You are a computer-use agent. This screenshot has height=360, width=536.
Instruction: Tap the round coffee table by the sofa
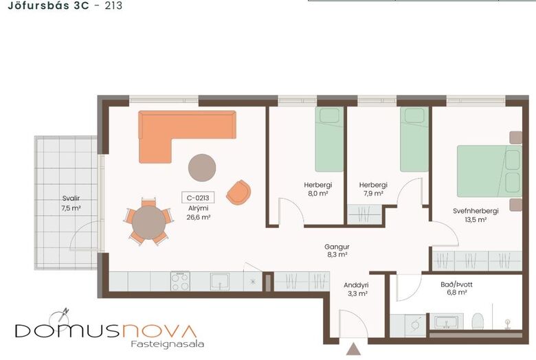click(202, 168)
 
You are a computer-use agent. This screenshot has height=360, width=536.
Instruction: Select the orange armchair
click(238, 192)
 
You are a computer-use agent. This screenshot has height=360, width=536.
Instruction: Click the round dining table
click(148, 223)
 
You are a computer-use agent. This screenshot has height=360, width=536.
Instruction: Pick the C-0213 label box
click(198, 198)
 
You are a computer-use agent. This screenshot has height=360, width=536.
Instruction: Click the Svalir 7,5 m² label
click(71, 203)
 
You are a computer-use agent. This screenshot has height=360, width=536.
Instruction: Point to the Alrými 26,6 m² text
click(199, 213)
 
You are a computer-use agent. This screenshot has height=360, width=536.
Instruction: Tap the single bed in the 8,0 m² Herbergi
click(329, 139)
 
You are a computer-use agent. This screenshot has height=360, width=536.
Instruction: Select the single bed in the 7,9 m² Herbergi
click(414, 139)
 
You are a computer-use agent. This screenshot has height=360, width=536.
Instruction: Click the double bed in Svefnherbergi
click(489, 171)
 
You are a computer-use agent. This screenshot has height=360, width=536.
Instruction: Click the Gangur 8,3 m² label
click(337, 250)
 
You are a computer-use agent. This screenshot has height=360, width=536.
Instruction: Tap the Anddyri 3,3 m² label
click(356, 289)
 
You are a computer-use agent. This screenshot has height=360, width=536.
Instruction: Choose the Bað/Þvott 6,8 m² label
click(457, 288)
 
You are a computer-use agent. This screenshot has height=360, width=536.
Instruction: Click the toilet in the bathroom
click(478, 322)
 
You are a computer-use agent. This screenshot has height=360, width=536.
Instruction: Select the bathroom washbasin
click(446, 322)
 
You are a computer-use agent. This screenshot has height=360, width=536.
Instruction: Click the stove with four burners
click(180, 281)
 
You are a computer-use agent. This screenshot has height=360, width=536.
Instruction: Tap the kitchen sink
click(219, 281)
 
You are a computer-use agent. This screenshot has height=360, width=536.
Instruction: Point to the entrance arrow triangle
click(353, 349)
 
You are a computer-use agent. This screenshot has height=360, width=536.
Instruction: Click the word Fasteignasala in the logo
click(168, 344)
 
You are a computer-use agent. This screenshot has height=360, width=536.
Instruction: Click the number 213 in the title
click(113, 5)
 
